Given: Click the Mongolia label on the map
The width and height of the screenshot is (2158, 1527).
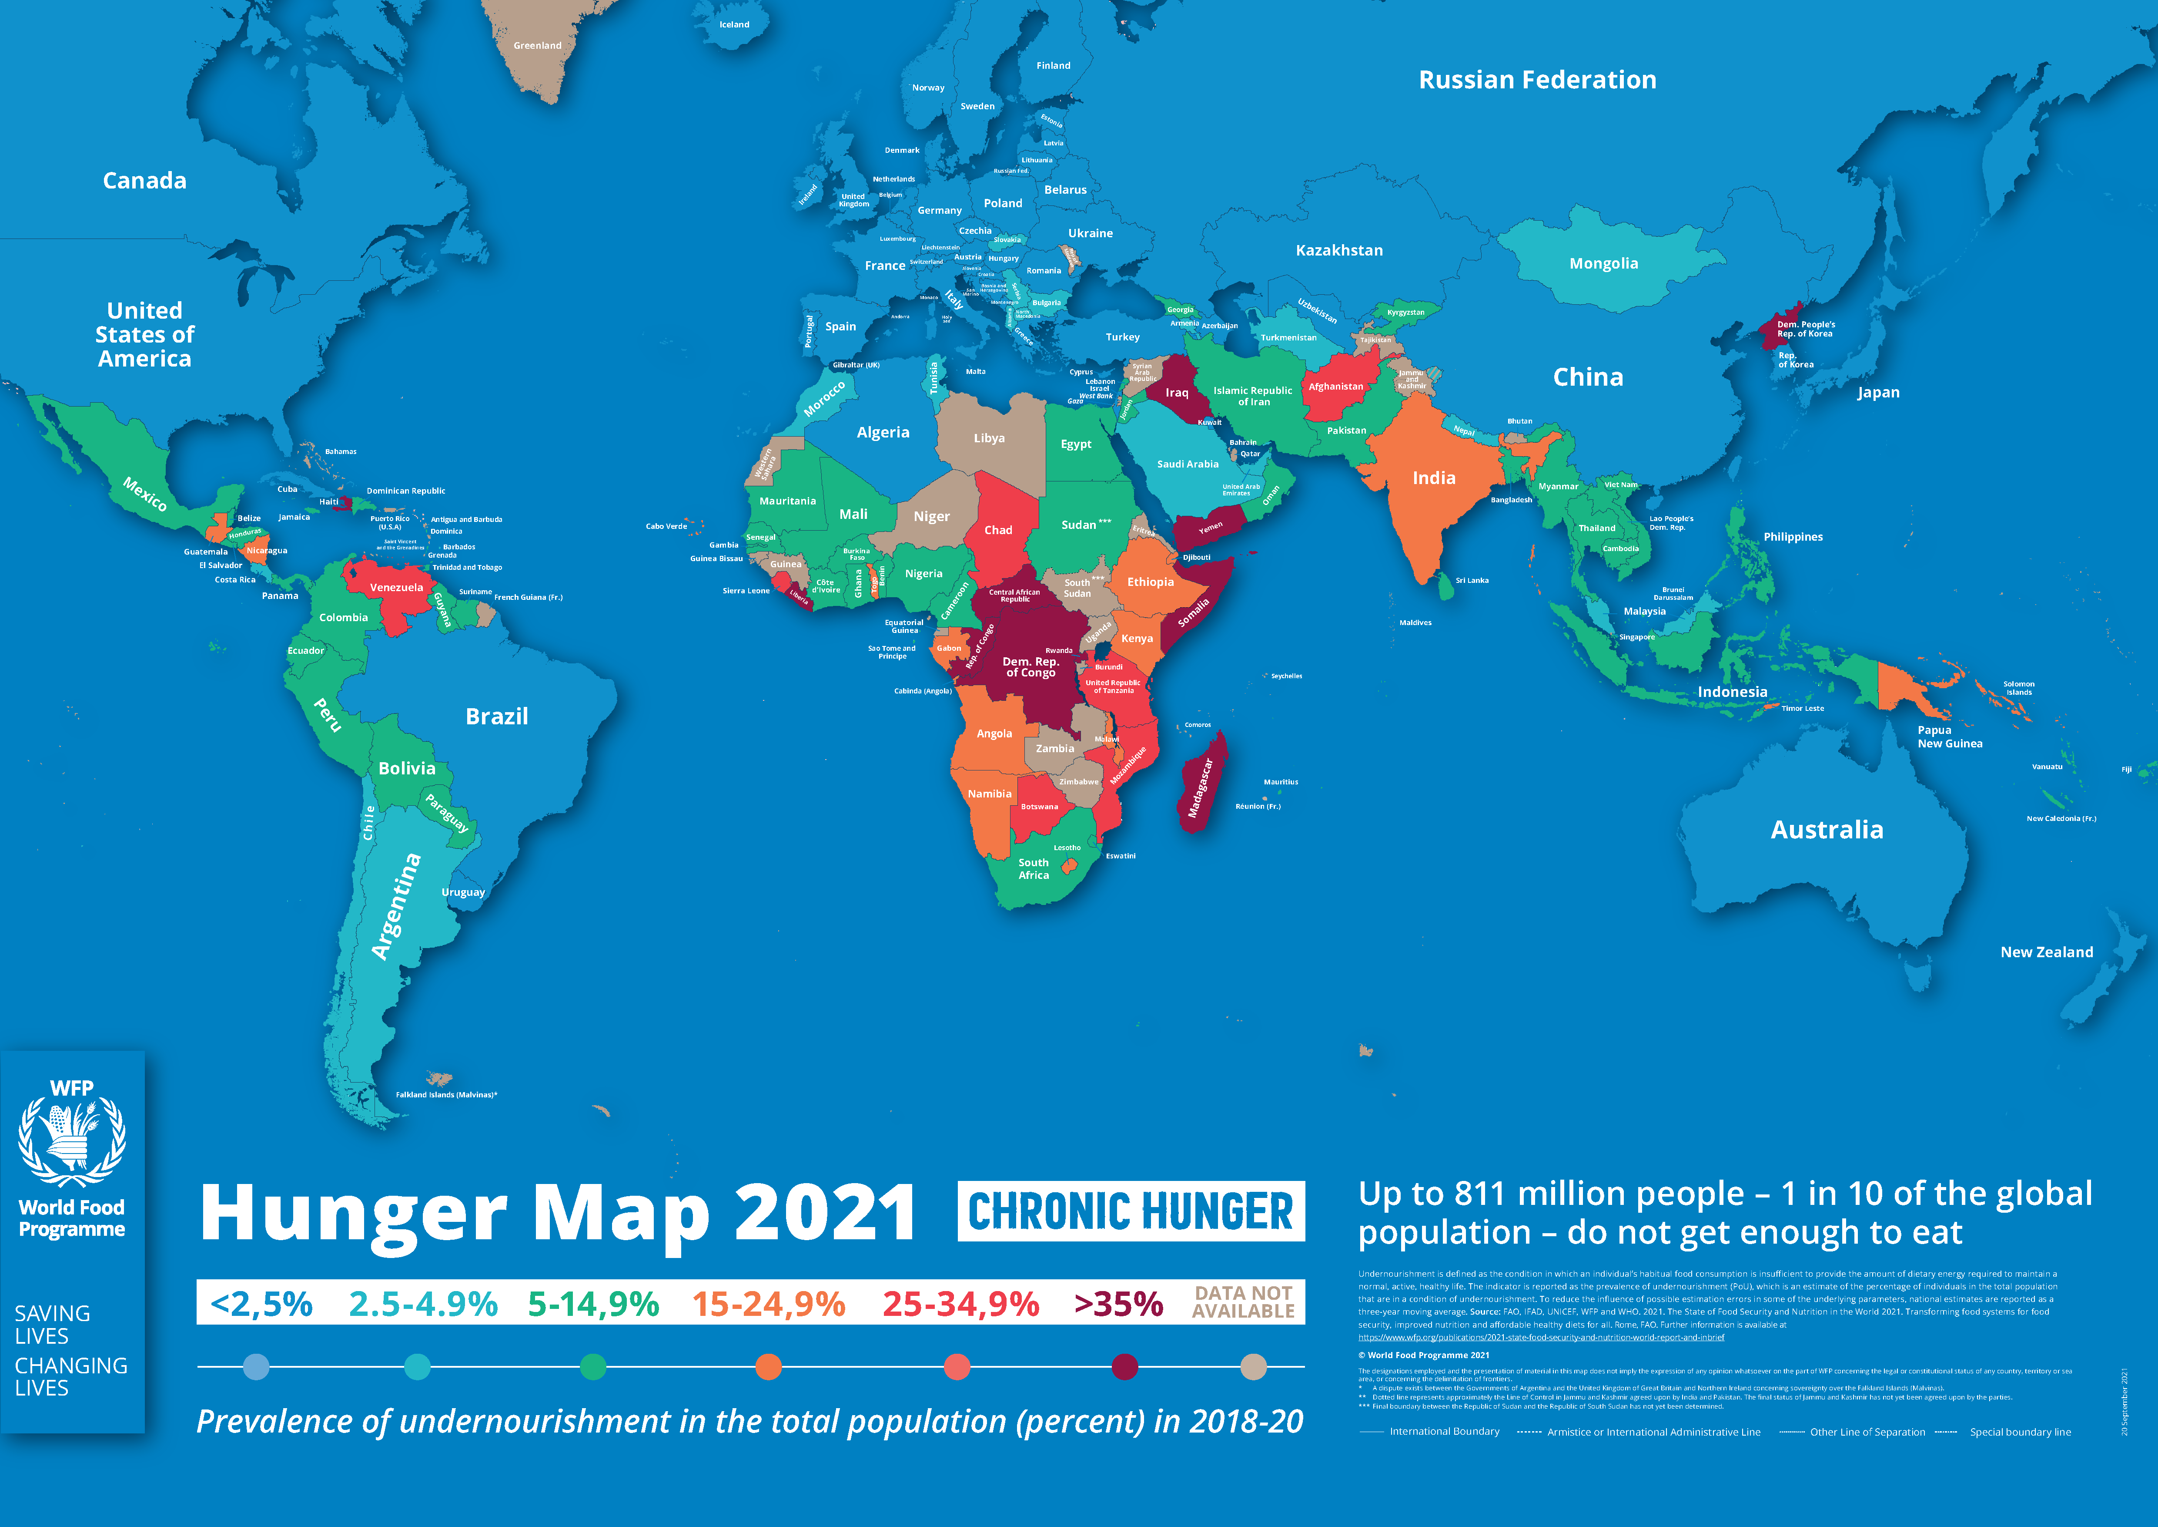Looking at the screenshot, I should (1603, 263).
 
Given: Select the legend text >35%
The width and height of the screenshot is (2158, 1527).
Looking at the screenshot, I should (1118, 1304).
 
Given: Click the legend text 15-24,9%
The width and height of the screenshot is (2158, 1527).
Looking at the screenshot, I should (769, 1304).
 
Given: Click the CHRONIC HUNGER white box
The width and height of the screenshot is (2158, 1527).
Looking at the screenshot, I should (1131, 1211).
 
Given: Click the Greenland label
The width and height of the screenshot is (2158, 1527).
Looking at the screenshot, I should (538, 45).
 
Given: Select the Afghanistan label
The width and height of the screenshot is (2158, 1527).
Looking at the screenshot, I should (1335, 387).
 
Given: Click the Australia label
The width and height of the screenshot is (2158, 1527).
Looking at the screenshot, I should (1826, 829).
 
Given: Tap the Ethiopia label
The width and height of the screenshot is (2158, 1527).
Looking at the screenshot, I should (1151, 582).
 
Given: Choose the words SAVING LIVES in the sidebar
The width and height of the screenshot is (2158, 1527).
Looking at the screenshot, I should (53, 1325).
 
